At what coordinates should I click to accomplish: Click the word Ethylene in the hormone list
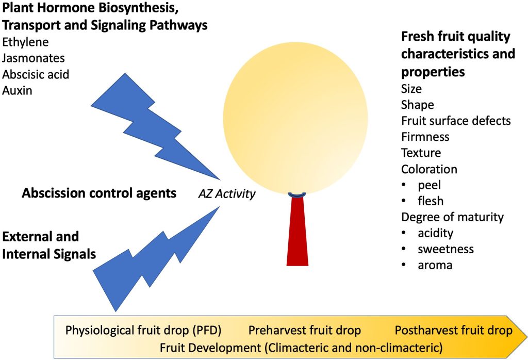pos(25,42)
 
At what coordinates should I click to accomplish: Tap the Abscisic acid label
pos(36,74)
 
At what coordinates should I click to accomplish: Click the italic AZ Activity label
pos(227,194)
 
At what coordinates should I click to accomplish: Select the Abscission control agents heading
pos(99,194)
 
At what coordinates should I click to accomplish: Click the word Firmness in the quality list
pos(425,137)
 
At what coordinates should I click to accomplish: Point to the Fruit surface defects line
pos(455,121)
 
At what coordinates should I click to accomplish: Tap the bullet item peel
pos(430,185)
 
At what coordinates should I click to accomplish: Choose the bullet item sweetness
pos(445,249)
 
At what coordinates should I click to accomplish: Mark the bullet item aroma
pos(435,265)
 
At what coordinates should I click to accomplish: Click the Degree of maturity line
pos(452,217)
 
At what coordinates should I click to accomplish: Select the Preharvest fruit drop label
pos(304,331)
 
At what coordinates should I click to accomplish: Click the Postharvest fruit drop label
pos(453,331)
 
